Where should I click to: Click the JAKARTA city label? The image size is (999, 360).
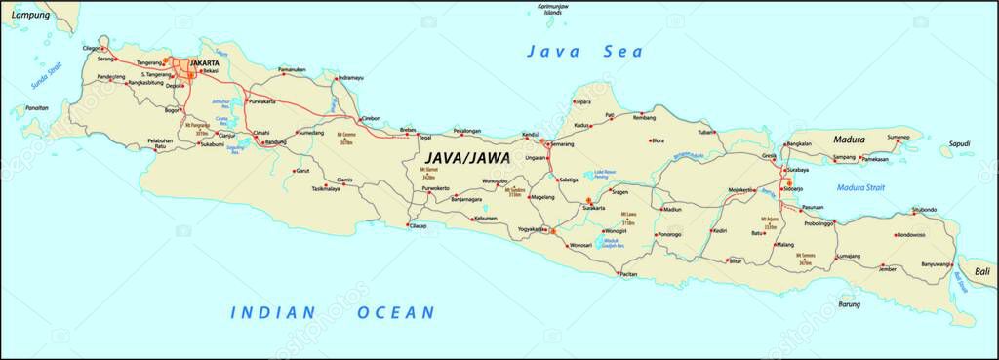tap(205, 63)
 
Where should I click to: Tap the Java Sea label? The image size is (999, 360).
tap(569, 52)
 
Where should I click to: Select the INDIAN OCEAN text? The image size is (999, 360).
tap(332, 312)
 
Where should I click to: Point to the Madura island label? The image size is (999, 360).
tap(849, 140)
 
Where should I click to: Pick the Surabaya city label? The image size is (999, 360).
tap(804, 170)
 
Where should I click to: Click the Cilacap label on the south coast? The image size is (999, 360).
tap(418, 226)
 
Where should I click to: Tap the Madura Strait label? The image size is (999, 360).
tap(860, 187)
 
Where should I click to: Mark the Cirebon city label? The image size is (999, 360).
tap(371, 118)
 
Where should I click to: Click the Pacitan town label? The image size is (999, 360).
tap(628, 275)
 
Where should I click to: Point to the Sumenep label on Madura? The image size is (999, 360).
tap(898, 138)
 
